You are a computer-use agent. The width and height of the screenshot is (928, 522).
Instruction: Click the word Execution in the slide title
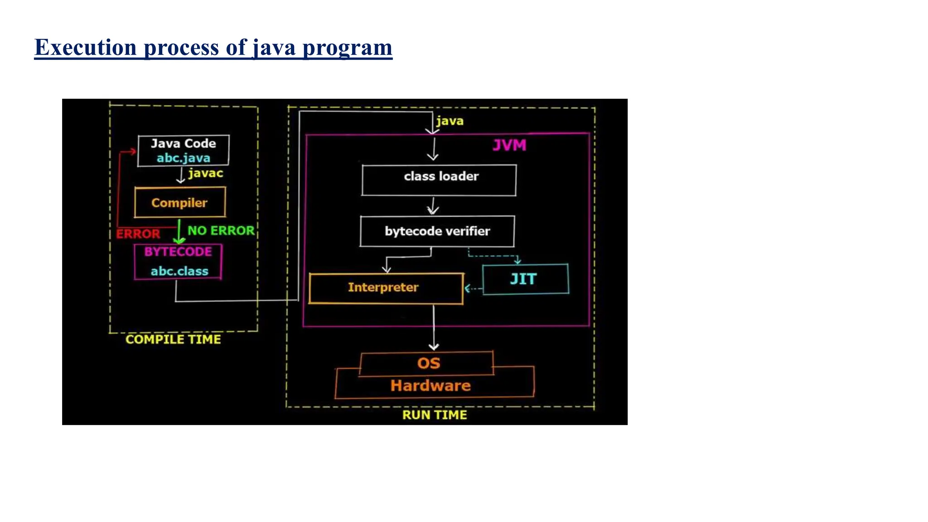coord(85,47)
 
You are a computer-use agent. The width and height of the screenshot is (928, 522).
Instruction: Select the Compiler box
coord(180,203)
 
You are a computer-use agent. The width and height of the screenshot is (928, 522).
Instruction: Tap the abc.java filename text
coord(184,158)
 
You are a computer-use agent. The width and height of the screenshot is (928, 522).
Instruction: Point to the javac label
coord(206,173)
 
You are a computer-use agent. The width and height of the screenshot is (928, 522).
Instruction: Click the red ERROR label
coord(138,234)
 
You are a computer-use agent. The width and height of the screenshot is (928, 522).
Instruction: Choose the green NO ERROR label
coord(221,231)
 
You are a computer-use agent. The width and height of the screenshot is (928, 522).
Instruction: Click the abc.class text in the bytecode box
coord(179,271)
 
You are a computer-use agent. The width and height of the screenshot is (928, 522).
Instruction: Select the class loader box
coord(439,180)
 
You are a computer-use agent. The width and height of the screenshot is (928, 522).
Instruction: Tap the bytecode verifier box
coord(437,231)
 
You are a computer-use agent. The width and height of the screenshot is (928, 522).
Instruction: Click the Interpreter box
coord(386,288)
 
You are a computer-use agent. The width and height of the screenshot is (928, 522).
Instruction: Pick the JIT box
coord(525,279)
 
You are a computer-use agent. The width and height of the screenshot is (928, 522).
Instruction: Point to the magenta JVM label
coord(509,145)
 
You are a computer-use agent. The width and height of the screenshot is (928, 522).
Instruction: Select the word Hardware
coord(430,386)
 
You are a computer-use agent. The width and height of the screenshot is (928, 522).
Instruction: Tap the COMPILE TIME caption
coord(173,339)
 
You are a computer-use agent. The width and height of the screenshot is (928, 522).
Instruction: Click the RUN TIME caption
coord(435,415)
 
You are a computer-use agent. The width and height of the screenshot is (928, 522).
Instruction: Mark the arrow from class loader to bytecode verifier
coord(433,206)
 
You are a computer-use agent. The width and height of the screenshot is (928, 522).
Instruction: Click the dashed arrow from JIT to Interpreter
coord(473,289)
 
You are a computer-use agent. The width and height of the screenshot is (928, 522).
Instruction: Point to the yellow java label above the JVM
coord(449,121)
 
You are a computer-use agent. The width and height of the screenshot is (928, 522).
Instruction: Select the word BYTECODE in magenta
coord(178,252)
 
